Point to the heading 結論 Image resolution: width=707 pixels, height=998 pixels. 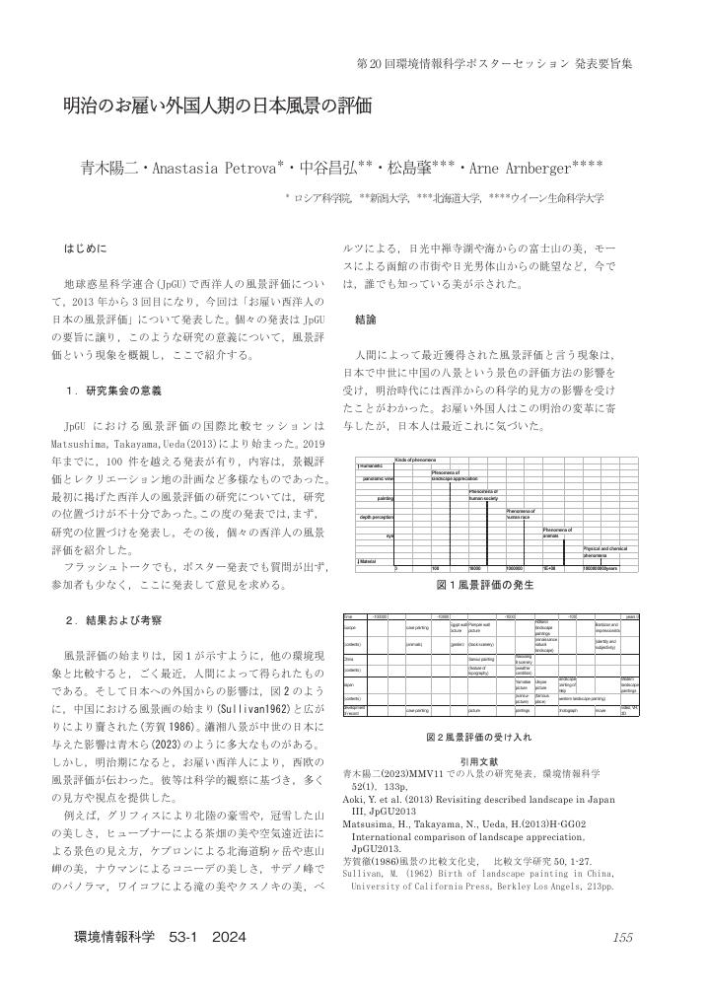366,320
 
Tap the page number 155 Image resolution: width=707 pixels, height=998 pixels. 621,937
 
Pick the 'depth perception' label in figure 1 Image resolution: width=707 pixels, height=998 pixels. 376,516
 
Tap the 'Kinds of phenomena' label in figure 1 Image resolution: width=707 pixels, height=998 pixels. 415,461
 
